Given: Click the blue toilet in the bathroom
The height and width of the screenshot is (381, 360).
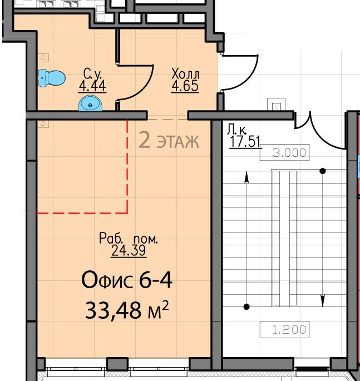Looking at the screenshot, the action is [x=52, y=78].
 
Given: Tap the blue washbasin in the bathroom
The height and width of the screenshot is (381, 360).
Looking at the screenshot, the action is [x=90, y=103].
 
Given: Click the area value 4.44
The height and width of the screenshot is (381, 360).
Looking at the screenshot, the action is [x=92, y=86].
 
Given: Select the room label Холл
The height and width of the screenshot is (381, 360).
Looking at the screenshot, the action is [x=185, y=74].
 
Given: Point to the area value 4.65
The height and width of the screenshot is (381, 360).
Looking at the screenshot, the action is [x=185, y=86].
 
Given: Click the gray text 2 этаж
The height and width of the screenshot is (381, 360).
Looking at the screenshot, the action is [x=169, y=141].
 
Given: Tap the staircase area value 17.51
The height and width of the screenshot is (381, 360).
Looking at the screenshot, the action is [x=245, y=141].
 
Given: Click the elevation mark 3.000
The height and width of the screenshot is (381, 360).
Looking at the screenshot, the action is [x=289, y=152].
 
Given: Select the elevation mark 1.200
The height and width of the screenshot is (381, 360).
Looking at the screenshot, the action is [x=289, y=330].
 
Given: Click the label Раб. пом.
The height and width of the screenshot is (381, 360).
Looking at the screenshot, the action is [x=129, y=239].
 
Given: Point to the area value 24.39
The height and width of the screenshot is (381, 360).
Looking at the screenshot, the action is [x=129, y=250].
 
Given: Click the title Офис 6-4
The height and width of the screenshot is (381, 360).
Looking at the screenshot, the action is [x=127, y=280].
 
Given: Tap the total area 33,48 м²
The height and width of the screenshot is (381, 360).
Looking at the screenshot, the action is [x=127, y=310].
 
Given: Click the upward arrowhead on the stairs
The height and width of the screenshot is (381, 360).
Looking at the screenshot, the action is [x=246, y=177].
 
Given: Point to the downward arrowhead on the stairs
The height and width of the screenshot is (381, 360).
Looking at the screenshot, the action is [x=323, y=300].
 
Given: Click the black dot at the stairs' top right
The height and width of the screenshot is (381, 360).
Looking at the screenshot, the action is [x=323, y=171].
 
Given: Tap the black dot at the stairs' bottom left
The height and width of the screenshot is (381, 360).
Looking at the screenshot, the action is [x=246, y=307].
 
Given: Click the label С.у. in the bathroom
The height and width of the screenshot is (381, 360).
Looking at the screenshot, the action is [x=92, y=74].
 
